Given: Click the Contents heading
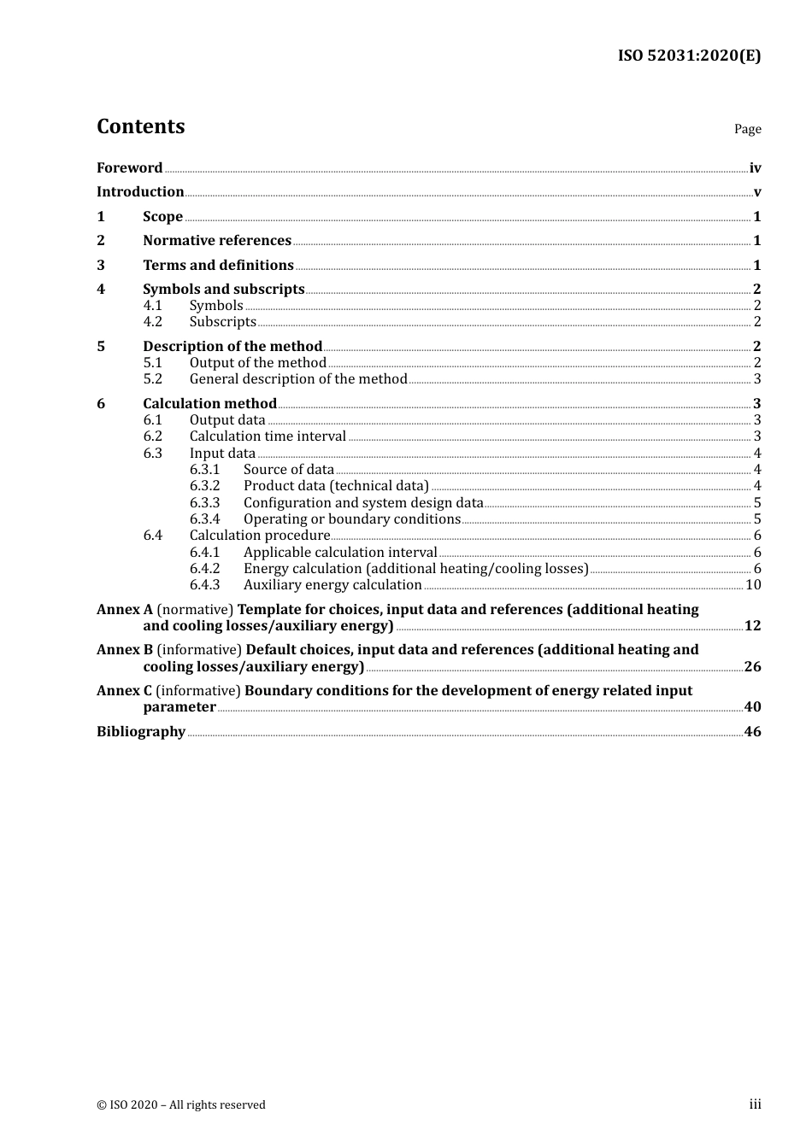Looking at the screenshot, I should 140,126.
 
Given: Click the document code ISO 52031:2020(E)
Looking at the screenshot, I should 689,56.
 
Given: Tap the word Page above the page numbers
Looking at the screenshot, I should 747,129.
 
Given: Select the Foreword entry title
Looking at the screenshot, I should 129,168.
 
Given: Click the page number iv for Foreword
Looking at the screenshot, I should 755,168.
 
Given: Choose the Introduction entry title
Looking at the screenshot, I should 140,192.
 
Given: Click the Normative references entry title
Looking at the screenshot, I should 217,241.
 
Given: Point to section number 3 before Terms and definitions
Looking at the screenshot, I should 101,266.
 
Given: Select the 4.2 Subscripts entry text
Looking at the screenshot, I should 222,322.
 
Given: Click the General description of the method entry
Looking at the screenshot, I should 298,379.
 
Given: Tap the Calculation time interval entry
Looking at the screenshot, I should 268,436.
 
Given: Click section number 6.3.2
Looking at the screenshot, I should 204,486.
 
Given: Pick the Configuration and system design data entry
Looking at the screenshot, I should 363,503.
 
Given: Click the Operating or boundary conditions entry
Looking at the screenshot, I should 352,519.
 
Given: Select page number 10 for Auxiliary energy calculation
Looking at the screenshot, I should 753,585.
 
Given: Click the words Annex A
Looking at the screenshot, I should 124,610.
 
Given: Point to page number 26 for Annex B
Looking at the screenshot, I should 752,667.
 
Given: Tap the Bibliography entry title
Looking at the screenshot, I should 141,732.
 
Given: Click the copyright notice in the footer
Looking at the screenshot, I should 181,1105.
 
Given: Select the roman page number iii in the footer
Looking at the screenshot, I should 755,1104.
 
